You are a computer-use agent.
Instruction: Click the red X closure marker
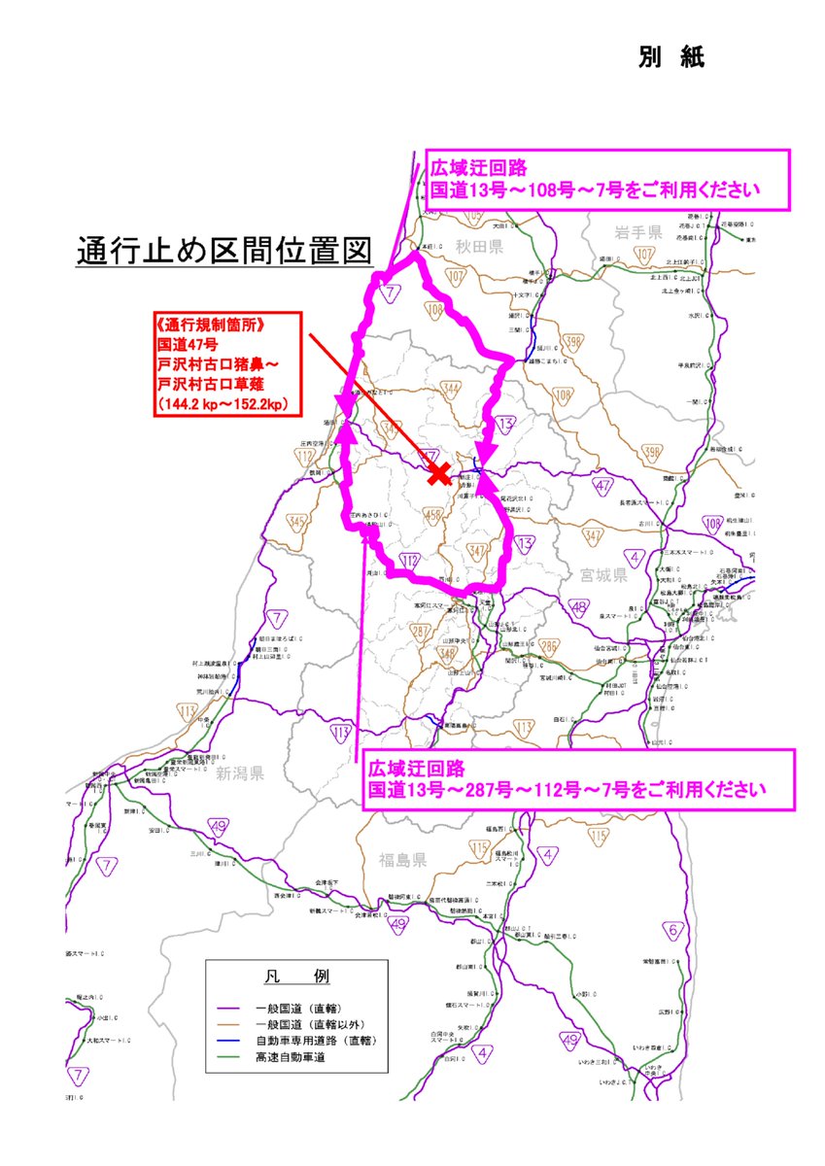439,474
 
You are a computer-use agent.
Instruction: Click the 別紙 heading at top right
671,57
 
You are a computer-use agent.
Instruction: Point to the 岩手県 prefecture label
637,232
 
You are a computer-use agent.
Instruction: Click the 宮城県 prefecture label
602,575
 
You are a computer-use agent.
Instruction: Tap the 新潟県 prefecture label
240,773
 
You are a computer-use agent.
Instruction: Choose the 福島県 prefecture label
403,859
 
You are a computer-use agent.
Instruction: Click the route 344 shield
450,390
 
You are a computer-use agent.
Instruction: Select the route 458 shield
433,515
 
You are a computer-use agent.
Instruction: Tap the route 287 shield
422,632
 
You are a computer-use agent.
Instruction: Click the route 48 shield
580,608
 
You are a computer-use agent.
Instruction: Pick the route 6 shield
672,930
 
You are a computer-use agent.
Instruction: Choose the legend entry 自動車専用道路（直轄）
314,1041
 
